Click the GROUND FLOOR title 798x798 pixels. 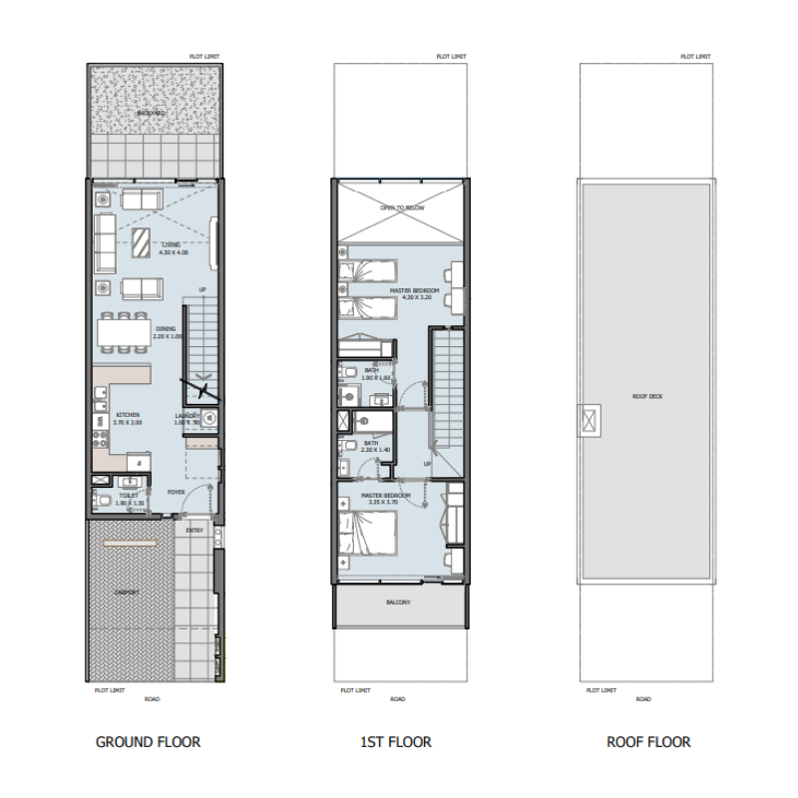(x=148, y=742)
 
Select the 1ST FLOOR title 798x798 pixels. (x=396, y=742)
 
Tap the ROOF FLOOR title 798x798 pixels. (x=648, y=742)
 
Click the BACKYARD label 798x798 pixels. (x=152, y=114)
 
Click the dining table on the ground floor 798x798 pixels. (x=125, y=332)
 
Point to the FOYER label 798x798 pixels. (x=177, y=492)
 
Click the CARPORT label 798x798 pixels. (x=127, y=593)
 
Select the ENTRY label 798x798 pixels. (x=195, y=530)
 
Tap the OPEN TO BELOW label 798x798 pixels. (x=402, y=207)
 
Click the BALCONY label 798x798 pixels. (x=398, y=602)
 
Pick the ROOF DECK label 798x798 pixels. (x=647, y=396)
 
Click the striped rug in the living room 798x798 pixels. (x=145, y=241)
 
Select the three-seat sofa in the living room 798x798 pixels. (x=106, y=244)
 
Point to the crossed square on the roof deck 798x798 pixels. (x=591, y=420)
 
